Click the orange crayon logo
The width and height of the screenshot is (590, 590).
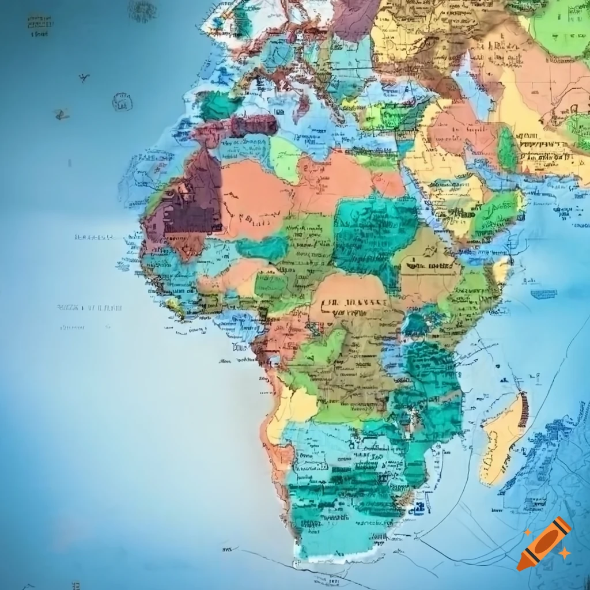(x=543, y=543)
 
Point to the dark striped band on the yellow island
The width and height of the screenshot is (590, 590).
(x=523, y=410)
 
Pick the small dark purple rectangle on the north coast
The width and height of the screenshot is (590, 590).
(x=254, y=125)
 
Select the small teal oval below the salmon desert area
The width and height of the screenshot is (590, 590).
(x=262, y=248)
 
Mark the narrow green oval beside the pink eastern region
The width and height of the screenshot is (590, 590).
(x=507, y=150)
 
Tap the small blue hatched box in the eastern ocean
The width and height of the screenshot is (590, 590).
(x=543, y=294)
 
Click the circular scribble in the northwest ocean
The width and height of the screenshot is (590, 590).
(x=122, y=102)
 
